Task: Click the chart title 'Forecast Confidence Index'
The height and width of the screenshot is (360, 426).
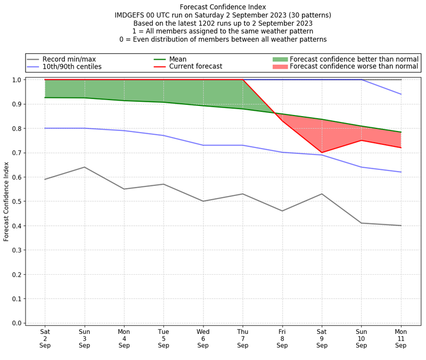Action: click(223, 7)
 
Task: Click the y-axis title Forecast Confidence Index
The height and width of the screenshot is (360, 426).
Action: click(7, 201)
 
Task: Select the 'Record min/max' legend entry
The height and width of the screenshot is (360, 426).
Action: click(69, 59)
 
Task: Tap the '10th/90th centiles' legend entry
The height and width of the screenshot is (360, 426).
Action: click(72, 67)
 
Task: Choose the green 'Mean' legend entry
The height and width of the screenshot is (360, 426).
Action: click(179, 59)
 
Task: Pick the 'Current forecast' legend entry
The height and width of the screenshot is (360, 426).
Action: click(195, 67)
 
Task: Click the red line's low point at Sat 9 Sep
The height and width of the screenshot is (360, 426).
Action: click(322, 152)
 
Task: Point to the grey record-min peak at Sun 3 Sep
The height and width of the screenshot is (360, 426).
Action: click(84, 167)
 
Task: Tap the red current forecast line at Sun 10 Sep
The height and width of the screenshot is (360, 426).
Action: click(362, 140)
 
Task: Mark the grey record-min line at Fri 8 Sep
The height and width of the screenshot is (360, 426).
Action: click(282, 211)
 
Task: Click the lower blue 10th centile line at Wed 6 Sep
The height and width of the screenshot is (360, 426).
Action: click(203, 145)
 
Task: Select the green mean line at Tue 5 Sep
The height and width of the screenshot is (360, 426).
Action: click(163, 102)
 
